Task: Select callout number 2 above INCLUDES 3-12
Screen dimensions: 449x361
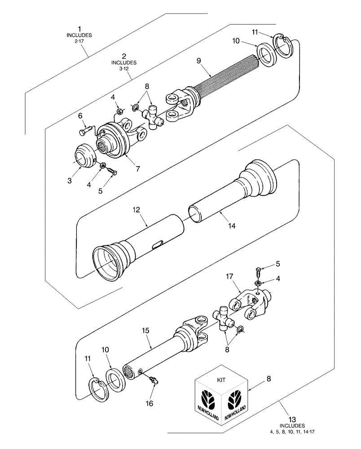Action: pos(123,57)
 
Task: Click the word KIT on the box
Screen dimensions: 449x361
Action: pos(222,379)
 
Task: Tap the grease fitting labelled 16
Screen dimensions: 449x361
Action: pos(154,380)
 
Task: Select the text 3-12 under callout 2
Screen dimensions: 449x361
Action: pos(123,69)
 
